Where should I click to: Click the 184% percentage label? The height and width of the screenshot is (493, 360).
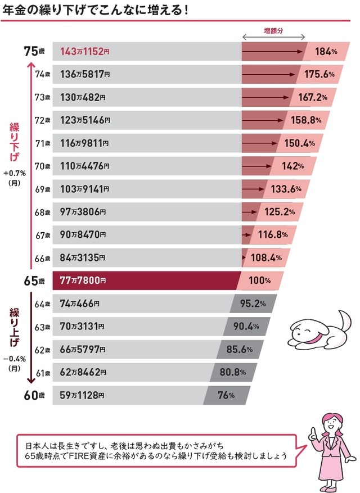click(x=326, y=52)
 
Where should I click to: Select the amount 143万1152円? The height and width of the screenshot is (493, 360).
click(x=84, y=52)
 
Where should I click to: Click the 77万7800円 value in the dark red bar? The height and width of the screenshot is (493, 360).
click(x=82, y=280)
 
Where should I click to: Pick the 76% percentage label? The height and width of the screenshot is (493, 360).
click(x=226, y=395)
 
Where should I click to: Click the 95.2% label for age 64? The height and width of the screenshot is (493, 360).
click(x=253, y=304)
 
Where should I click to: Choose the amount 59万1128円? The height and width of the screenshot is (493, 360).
click(x=82, y=395)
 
